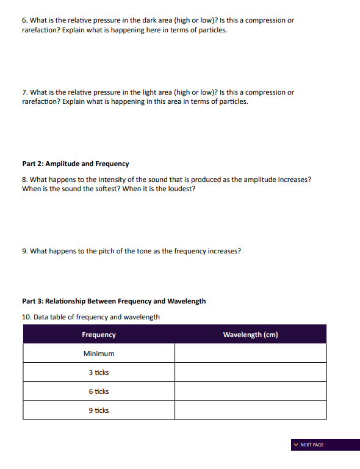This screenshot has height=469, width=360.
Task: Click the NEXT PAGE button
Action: tap(325, 445)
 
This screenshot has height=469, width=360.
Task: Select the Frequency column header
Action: tap(99, 335)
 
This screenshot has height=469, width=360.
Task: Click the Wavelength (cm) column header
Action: tap(250, 335)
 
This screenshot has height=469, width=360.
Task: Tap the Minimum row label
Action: tap(99, 354)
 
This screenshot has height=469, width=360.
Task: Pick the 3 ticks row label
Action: tap(99, 373)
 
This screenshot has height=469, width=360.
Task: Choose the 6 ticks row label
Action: tap(99, 391)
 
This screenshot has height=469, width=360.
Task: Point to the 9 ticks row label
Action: tap(99, 410)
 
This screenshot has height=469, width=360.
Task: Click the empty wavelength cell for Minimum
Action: tap(250, 354)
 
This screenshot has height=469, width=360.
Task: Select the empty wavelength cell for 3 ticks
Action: tap(250, 373)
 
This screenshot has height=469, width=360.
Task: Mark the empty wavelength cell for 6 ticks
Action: tap(250, 391)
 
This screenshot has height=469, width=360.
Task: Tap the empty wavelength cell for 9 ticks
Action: tap(250, 410)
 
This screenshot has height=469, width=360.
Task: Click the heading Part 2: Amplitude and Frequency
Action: tap(76, 164)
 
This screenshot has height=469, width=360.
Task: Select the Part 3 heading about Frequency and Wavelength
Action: tap(114, 301)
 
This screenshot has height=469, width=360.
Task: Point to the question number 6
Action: tap(24, 20)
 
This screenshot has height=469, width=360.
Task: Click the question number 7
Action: tap(24, 92)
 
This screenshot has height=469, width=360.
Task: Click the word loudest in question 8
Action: tap(182, 189)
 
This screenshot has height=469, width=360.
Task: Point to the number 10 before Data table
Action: tap(26, 317)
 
